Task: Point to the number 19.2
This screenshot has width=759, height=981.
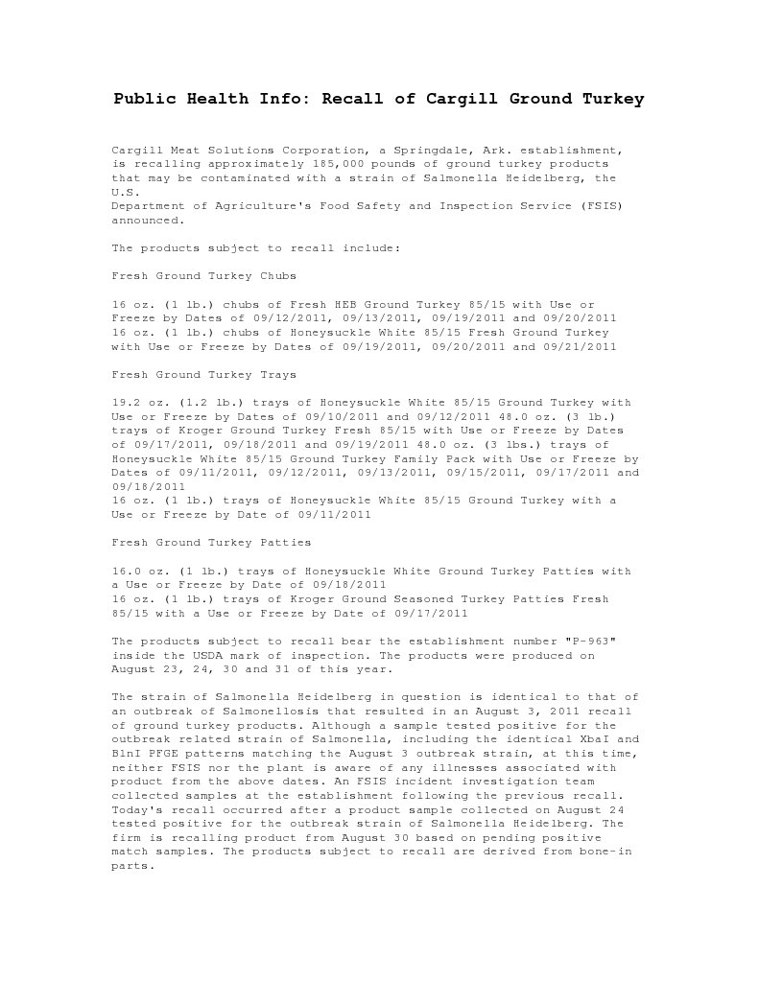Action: [x=127, y=403]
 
